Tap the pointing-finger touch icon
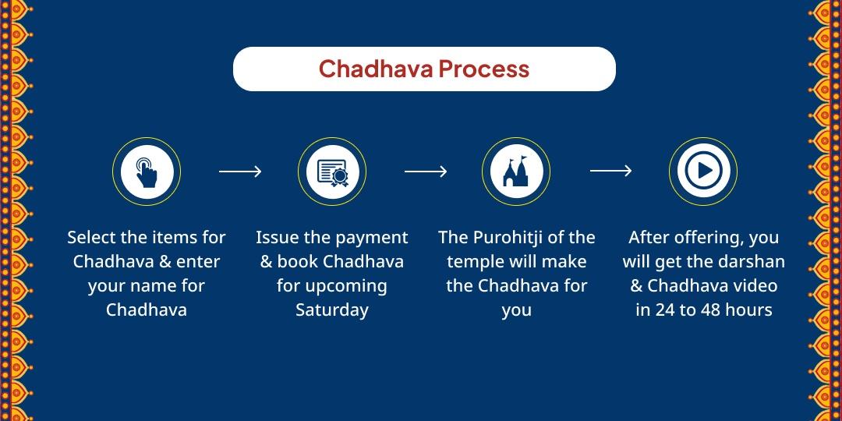pyautogui.click(x=146, y=172)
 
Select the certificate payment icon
pyautogui.click(x=331, y=172)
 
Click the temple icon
pyautogui.click(x=516, y=172)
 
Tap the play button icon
pyautogui.click(x=703, y=172)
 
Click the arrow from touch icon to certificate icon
pyautogui.click(x=239, y=172)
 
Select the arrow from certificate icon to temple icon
pyautogui.click(x=425, y=172)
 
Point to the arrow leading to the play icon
pyautogui.click(x=610, y=172)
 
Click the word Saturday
pyautogui.click(x=331, y=310)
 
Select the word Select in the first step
pyautogui.click(x=91, y=238)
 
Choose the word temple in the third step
pyautogui.click(x=474, y=262)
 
